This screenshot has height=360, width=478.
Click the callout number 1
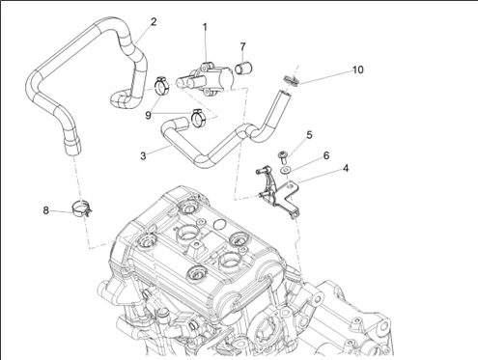point(205,28)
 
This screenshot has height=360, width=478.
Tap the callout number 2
point(154,22)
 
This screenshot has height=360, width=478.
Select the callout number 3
point(143,156)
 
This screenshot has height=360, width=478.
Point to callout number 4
point(346,168)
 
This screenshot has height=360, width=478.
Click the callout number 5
point(309,135)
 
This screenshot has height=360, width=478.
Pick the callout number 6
point(326,155)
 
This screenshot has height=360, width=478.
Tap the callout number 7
point(242,47)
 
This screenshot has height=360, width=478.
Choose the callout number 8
point(45,210)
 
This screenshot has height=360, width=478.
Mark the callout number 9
point(148,115)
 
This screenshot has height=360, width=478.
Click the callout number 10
point(358,69)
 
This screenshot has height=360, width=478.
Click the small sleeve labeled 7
point(243,68)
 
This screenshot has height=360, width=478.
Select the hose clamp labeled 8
point(82,208)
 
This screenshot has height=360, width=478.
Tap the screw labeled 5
point(282,156)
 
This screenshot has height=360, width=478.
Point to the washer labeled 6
point(285,170)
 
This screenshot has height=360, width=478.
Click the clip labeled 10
point(291,80)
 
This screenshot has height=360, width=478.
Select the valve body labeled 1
point(206,78)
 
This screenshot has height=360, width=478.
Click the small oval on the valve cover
point(219,225)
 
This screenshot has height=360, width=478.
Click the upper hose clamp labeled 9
point(162,86)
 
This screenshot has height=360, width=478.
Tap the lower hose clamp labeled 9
point(199,118)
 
